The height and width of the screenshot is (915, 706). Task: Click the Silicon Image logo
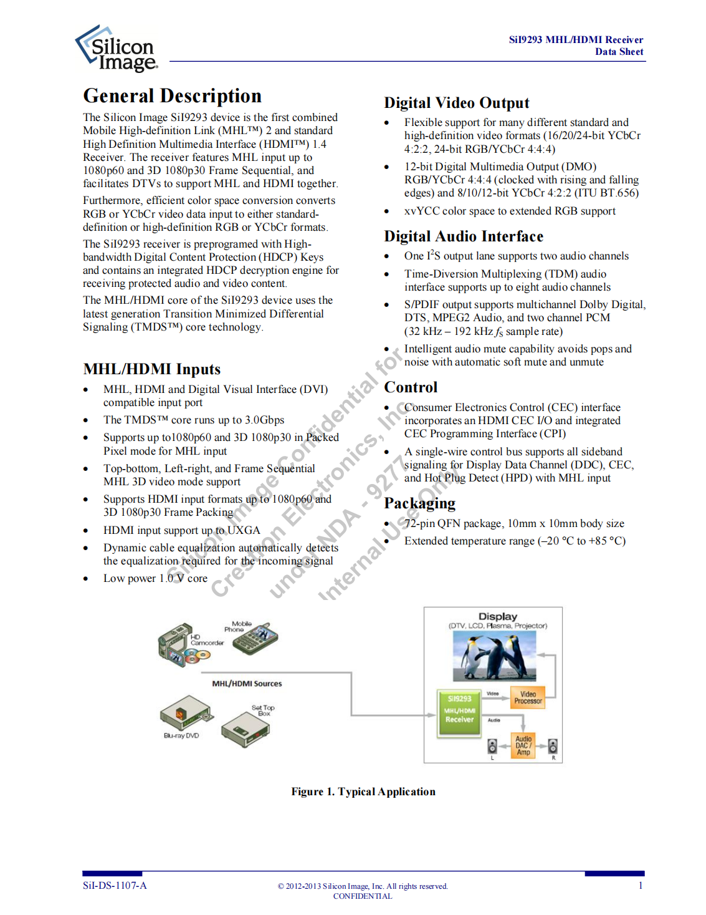click(x=117, y=49)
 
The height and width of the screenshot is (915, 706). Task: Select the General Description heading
click(x=173, y=96)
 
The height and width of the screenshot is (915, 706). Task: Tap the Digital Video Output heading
click(x=456, y=103)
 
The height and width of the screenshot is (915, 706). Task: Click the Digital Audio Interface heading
click(x=464, y=236)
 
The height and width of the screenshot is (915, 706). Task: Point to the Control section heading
click(x=411, y=387)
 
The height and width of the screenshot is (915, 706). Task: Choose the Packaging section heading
click(x=419, y=503)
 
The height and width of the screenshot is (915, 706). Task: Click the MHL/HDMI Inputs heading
click(x=152, y=369)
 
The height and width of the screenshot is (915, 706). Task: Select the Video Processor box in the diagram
click(x=528, y=697)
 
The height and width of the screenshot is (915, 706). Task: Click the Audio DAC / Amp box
click(x=523, y=745)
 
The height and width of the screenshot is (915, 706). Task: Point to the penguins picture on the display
click(x=494, y=656)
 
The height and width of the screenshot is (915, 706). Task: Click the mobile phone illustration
click(x=255, y=637)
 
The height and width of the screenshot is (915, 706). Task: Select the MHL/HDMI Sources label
click(x=247, y=684)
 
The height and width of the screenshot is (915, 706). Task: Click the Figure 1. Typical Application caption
click(x=363, y=792)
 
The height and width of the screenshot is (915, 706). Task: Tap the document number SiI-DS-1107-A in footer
click(x=115, y=886)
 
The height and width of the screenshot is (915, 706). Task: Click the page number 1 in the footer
click(x=640, y=886)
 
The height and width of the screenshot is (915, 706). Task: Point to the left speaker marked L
click(x=492, y=746)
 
